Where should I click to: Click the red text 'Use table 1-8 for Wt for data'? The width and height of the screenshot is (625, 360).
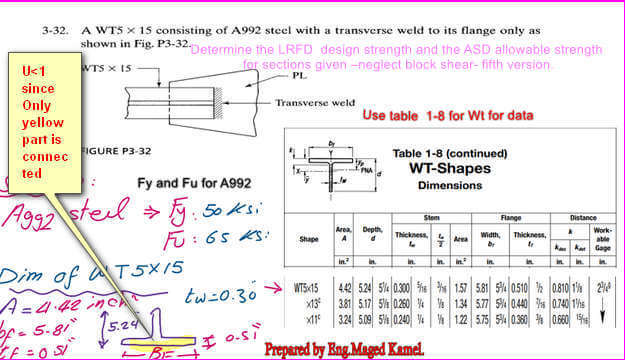447,116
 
